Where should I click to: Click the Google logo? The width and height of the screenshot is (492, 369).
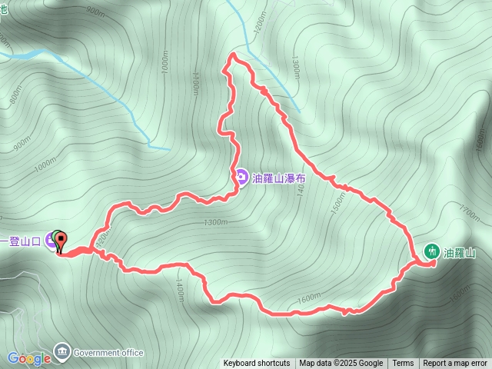coord(29,358)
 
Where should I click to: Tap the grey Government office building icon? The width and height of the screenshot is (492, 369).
coord(61,353)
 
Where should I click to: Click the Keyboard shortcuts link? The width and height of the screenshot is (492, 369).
coord(257,364)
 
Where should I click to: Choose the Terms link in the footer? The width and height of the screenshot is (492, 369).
coord(403,364)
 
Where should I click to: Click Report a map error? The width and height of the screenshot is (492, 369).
coord(455,364)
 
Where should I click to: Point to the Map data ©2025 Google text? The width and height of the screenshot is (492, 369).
coord(341,364)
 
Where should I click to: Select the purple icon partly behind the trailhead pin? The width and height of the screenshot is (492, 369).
coord(51,239)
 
